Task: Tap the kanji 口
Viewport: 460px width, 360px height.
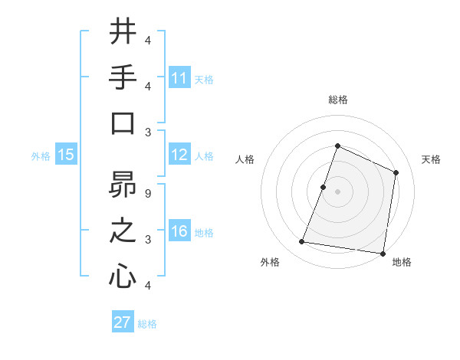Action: [123, 123]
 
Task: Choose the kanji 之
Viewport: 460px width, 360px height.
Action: [123, 231]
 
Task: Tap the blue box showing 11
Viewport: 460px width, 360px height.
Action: [179, 78]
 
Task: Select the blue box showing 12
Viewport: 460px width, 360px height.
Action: [179, 155]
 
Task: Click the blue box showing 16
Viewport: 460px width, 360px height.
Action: [179, 232]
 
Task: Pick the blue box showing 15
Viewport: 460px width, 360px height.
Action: [66, 155]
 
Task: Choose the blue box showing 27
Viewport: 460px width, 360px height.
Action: [123, 322]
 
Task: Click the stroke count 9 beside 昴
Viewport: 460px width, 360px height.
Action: [147, 193]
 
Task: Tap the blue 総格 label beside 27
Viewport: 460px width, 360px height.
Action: [147, 324]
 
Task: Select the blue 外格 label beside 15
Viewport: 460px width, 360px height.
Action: [41, 156]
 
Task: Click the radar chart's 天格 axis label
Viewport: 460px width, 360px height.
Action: [431, 159]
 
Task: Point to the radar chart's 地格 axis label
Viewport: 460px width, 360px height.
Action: [402, 263]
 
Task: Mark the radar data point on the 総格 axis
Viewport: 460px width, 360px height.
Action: [337, 146]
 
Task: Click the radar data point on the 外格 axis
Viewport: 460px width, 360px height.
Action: [302, 242]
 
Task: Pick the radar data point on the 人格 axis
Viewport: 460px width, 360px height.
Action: [323, 187]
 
